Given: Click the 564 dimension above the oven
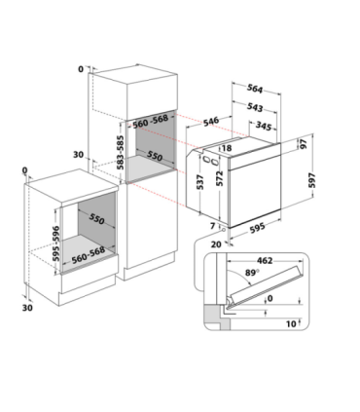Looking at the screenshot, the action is point(255,89).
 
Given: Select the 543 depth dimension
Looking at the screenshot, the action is point(255,107).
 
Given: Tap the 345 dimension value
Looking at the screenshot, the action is point(263,126).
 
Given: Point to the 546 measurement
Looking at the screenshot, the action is point(211,122).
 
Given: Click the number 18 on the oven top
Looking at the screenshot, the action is point(227,148).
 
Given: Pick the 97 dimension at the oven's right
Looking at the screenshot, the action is point(304,143).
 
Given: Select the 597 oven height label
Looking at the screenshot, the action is point(312,180).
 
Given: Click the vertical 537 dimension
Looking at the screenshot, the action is point(200,182).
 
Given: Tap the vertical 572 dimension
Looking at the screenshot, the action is point(220,178).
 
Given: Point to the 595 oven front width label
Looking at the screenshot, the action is point(257,228).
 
